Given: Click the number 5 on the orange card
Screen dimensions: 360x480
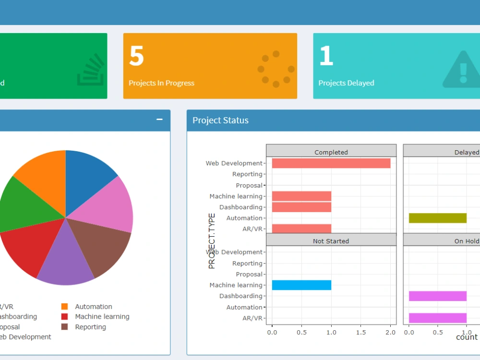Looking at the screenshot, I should coord(136,56).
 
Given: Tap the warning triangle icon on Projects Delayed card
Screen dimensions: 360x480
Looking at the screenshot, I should coord(462,70).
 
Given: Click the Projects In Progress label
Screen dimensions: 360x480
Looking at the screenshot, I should coord(161,83).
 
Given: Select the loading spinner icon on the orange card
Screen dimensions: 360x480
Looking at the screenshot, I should coord(276,69).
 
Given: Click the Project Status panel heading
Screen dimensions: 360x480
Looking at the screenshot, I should coord(220,120).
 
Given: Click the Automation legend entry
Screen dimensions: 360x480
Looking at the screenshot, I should coord(93,307).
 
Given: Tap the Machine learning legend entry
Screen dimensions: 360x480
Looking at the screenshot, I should coord(102,317).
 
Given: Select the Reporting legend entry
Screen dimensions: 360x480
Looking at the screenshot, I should coord(90,327).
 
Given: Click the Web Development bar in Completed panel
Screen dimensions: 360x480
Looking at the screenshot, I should coord(331,163).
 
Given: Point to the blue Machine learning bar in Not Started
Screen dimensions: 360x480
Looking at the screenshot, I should coord(301,285).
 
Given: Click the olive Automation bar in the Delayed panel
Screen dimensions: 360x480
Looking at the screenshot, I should coord(437,218).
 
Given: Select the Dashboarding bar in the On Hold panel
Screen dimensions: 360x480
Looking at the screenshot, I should coord(437,296).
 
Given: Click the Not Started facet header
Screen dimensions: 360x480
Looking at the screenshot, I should coord(331,241).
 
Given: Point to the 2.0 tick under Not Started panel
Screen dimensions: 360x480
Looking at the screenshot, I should coord(390,332).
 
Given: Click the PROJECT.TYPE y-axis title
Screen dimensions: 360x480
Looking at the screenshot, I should coord(212,241).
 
